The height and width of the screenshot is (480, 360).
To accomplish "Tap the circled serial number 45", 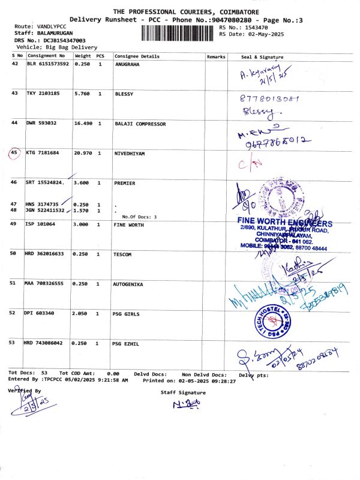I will [15, 154].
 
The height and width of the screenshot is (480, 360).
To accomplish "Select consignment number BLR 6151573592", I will [48, 64].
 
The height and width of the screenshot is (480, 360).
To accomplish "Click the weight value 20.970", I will [83, 154].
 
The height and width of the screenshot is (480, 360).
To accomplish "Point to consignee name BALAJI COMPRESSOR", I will [140, 124].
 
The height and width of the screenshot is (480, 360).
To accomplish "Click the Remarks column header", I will [215, 56].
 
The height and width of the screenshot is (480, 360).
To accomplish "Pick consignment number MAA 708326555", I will [47, 284].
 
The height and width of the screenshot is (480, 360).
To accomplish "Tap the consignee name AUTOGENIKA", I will [128, 284].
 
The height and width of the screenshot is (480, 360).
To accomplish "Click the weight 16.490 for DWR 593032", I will [83, 124].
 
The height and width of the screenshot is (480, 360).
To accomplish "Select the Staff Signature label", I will [183, 392].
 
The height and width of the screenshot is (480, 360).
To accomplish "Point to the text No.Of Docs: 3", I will [139, 217].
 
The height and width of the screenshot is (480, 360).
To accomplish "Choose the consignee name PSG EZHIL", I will [126, 344].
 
